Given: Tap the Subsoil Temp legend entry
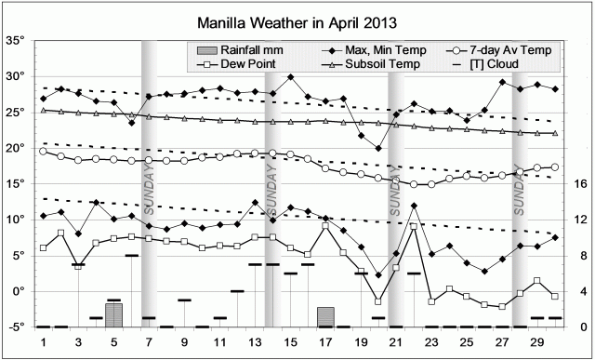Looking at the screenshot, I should point(371,64).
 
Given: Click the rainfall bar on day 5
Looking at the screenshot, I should point(113,314).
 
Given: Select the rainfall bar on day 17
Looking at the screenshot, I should point(325,317).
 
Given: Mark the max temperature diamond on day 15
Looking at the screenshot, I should point(291,77).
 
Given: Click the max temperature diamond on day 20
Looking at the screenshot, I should point(378,148).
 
